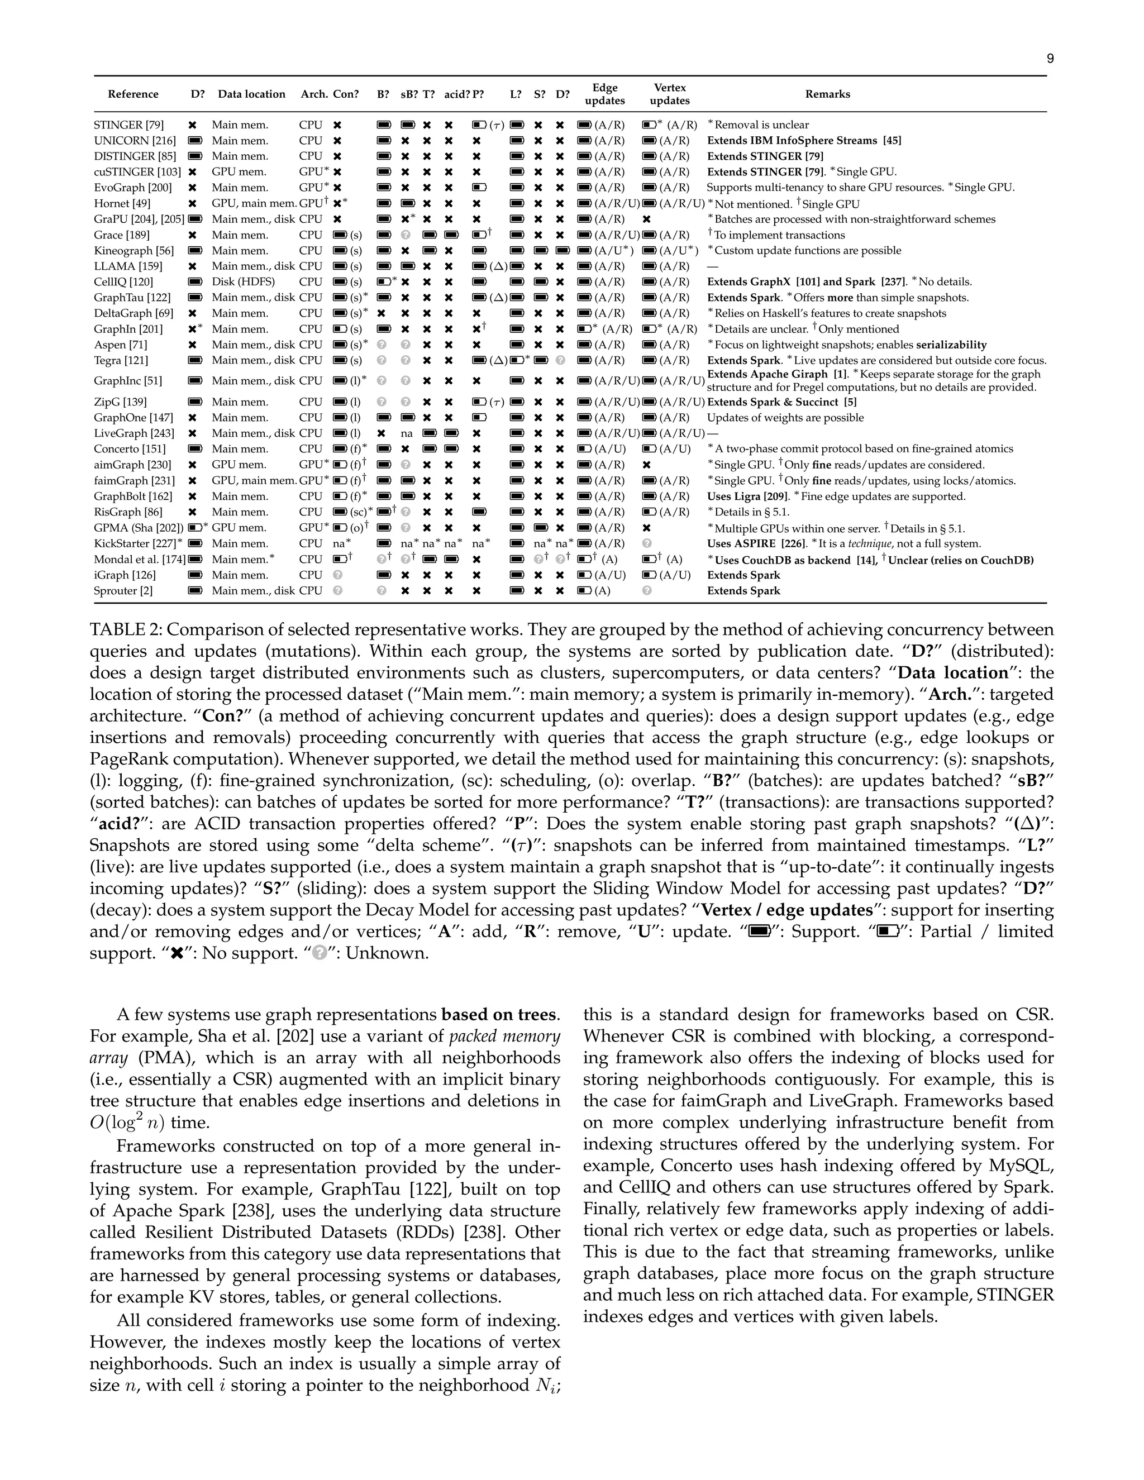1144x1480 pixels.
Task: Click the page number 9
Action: (x=1050, y=59)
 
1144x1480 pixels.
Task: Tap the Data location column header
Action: (x=251, y=94)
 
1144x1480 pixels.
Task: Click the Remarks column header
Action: (x=827, y=94)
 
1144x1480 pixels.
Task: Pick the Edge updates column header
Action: (x=604, y=94)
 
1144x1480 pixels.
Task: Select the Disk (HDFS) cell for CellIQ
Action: (x=242, y=282)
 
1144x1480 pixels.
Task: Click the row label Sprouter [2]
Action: (x=123, y=591)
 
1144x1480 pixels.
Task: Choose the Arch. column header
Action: (x=314, y=94)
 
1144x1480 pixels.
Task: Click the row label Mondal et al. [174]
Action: (x=139, y=560)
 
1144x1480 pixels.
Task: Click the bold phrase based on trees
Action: (x=499, y=1014)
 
